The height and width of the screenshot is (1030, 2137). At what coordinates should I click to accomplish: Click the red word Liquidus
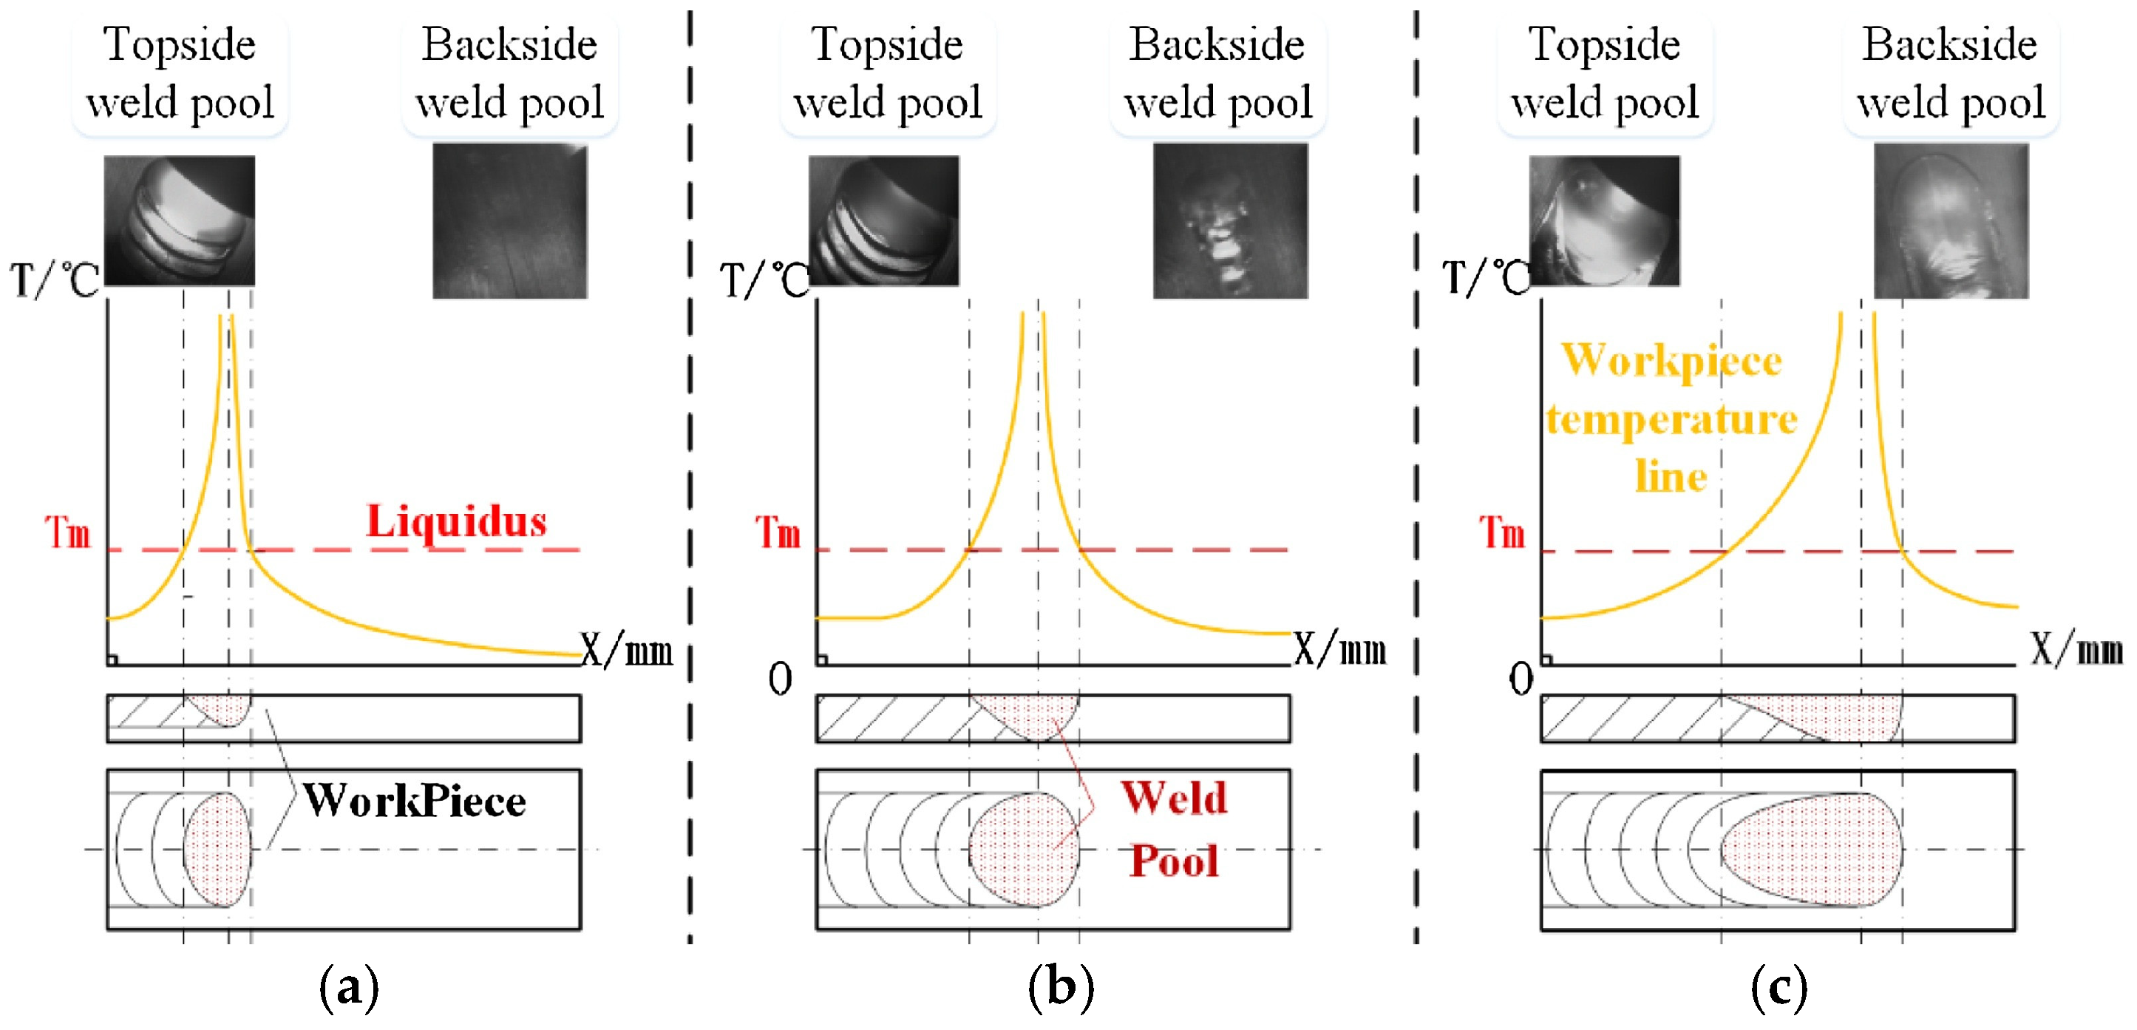(x=456, y=522)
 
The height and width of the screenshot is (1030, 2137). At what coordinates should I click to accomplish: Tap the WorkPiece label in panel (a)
(x=414, y=801)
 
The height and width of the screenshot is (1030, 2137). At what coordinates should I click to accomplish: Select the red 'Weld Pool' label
(x=1174, y=828)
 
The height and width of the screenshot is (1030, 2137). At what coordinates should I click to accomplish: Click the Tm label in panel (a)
(x=67, y=532)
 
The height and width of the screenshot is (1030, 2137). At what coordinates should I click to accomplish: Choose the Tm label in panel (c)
(x=1502, y=532)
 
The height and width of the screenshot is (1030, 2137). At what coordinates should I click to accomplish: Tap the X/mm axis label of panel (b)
(x=1339, y=649)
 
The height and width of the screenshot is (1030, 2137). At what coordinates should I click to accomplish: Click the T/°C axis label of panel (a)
(x=55, y=279)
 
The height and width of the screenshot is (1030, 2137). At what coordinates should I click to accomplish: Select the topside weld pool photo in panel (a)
(x=179, y=220)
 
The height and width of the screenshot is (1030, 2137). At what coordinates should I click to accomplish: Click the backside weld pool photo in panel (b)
(x=1230, y=221)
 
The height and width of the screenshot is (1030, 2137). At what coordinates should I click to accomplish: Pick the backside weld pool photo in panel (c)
(x=1951, y=221)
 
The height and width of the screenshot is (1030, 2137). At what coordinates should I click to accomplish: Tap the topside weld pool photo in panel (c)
(x=1604, y=220)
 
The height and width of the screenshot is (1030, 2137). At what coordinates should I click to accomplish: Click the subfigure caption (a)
(x=349, y=986)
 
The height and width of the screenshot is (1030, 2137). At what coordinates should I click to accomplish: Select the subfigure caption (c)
(x=1779, y=986)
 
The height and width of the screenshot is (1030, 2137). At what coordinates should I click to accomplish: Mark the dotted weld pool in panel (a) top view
(x=217, y=849)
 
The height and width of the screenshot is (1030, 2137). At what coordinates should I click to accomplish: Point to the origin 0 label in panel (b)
(x=780, y=680)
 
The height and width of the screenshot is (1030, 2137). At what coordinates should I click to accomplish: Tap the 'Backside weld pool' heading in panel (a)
(x=509, y=73)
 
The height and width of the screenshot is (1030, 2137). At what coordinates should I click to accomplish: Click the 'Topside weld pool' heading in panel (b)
(x=888, y=73)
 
